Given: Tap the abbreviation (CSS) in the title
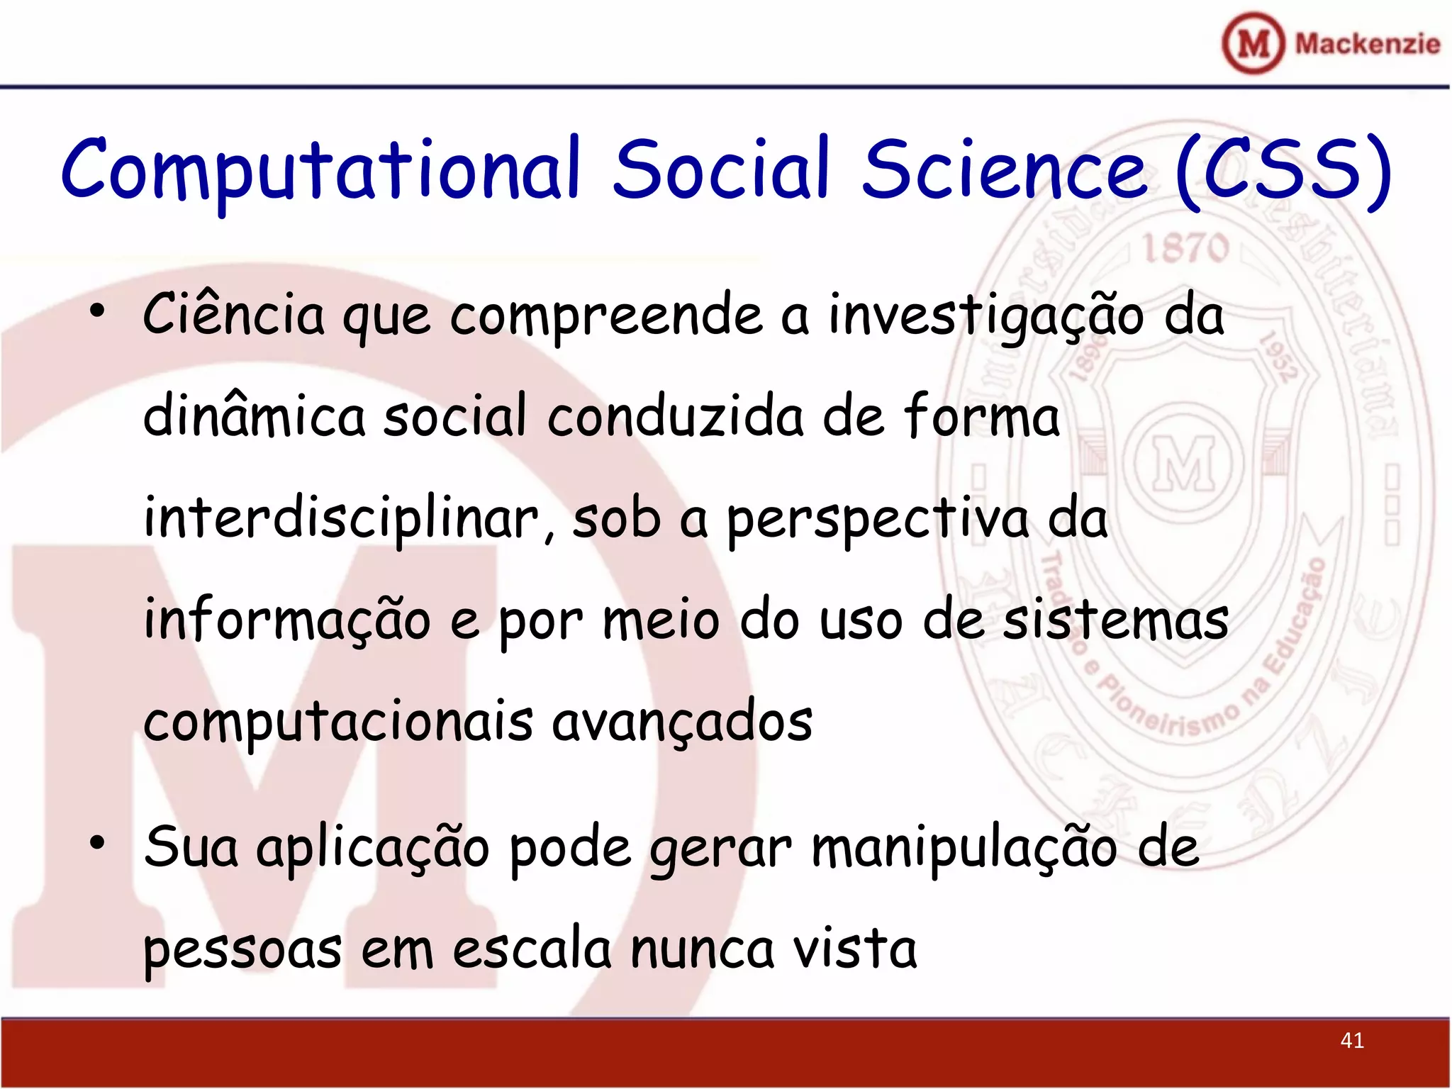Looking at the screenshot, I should tap(1282, 170).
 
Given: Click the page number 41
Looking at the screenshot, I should tap(1352, 1040).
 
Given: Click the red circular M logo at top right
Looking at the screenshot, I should tap(1253, 43).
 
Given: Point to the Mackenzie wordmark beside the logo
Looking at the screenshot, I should tap(1367, 44).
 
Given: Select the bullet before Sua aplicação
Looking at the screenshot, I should tap(97, 842).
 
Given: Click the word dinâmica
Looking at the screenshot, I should tap(254, 415).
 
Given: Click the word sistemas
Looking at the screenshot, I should tap(1115, 620).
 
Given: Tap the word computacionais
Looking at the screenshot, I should tap(337, 722).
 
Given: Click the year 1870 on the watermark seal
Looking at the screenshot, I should tap(1185, 248).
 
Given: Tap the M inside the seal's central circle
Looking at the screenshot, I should tap(1183, 464).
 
